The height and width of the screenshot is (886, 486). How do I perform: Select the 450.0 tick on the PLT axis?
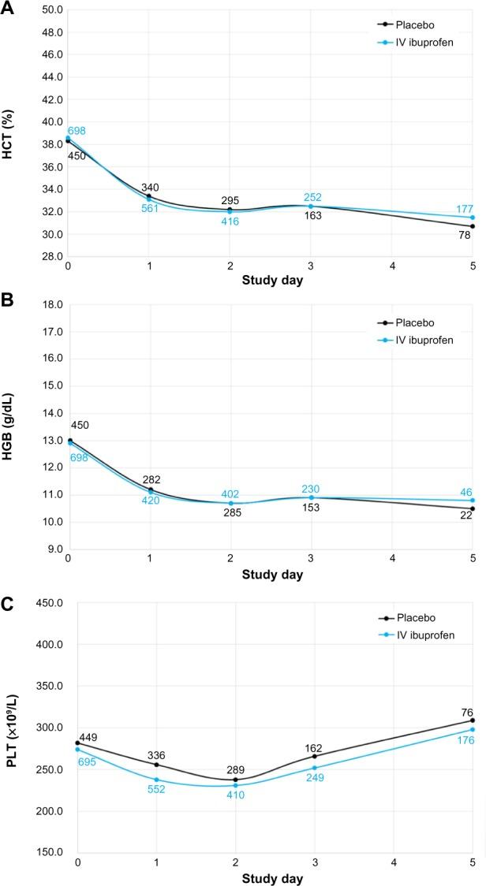click(x=47, y=604)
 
